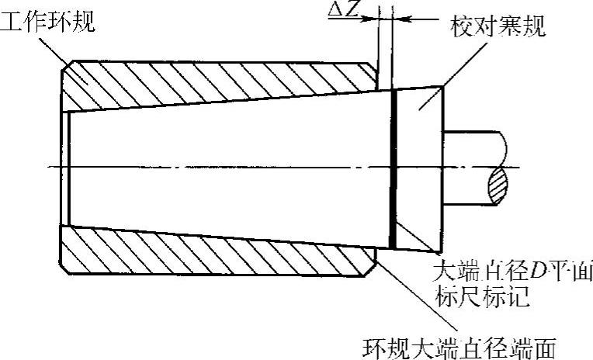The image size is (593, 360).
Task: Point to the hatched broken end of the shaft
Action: [499, 187]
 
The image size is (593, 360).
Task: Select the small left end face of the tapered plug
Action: [69, 166]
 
